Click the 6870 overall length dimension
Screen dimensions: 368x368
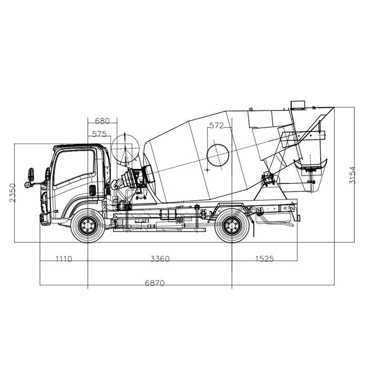click(155, 283)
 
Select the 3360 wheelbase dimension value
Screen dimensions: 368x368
click(160, 259)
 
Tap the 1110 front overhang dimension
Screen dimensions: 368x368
click(64, 259)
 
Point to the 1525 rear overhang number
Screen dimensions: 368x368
click(264, 259)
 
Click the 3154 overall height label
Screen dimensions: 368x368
click(352, 175)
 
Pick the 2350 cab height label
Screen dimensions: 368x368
click(13, 193)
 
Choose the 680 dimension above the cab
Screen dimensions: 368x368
click(103, 121)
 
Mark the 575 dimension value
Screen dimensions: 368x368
click(99, 134)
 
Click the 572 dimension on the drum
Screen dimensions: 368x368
click(217, 126)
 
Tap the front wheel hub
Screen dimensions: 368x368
click(88, 226)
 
